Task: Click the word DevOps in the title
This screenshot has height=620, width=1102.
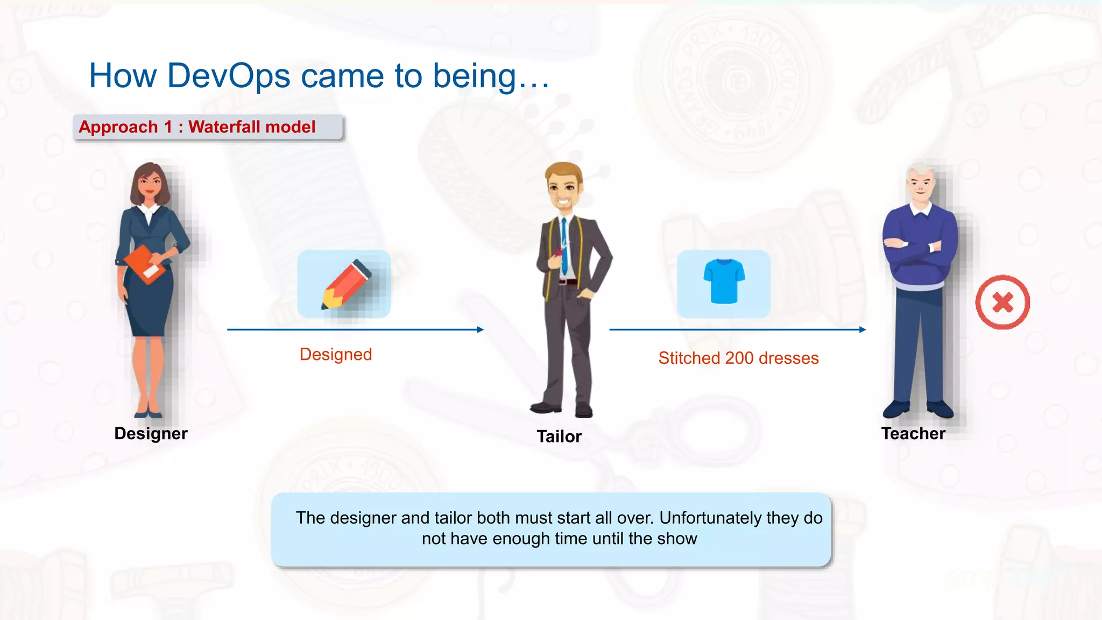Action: [229, 76]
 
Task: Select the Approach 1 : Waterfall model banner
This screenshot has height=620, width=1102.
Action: [208, 128]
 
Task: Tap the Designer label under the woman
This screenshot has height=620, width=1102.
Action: [151, 434]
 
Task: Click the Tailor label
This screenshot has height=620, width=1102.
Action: [559, 436]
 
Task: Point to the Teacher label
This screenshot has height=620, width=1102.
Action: [913, 434]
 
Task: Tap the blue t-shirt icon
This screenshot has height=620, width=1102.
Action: [724, 281]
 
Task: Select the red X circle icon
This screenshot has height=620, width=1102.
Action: [1002, 302]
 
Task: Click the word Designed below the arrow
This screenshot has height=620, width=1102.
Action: [336, 355]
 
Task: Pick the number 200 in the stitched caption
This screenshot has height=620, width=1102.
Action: [739, 358]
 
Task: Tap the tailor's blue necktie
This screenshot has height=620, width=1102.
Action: [564, 245]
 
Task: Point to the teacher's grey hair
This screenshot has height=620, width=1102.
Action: [921, 171]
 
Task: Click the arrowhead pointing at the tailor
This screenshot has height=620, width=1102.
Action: [481, 329]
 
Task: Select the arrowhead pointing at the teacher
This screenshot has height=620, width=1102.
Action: [863, 329]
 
